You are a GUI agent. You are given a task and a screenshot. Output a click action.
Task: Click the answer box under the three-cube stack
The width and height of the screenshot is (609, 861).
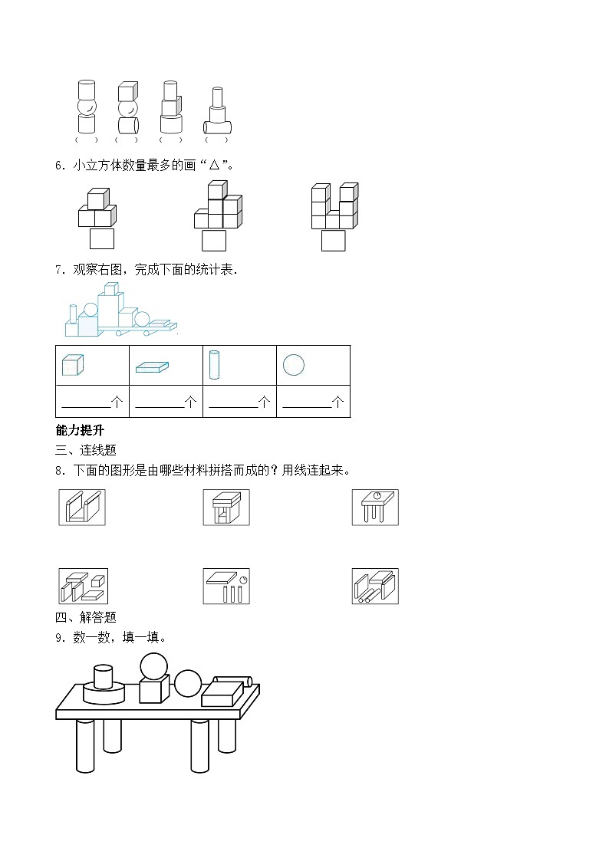coord(101,238)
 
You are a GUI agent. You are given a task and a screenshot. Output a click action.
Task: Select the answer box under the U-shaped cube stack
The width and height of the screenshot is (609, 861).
coord(333,240)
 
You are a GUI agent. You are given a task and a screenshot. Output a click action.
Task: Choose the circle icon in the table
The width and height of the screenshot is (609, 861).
coord(293,365)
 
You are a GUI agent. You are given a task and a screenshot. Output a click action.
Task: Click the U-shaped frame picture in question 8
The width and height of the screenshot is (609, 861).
coord(81,508)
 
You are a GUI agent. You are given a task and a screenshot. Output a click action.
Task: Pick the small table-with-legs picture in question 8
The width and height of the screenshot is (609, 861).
coord(375,508)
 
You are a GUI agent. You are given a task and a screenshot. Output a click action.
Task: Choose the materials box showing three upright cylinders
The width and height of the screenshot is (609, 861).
coord(226,587)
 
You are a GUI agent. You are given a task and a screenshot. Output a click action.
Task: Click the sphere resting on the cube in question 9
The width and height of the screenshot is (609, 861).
coord(153,665)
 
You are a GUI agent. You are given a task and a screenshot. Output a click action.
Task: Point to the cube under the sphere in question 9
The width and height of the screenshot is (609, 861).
coord(153,690)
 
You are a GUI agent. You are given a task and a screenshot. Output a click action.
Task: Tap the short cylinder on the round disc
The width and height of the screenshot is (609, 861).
coord(103,677)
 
